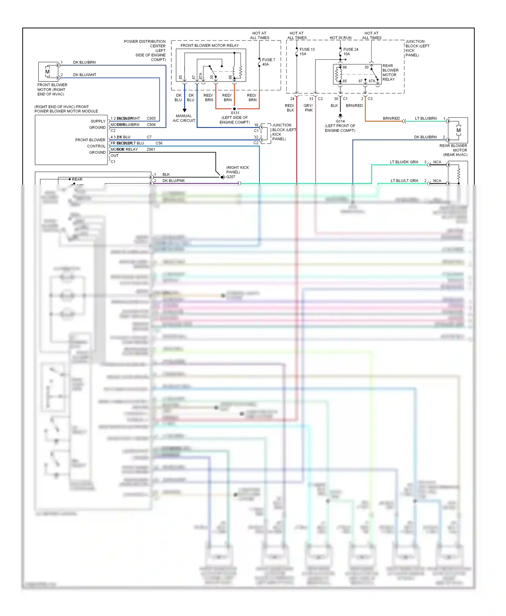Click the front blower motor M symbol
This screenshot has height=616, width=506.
47,72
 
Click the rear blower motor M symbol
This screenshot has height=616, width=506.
458,130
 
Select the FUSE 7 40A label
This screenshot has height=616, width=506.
269,62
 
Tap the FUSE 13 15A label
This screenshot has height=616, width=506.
307,52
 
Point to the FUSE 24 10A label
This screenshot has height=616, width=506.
350,52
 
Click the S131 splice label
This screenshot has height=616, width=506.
235,113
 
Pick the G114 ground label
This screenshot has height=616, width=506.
340,121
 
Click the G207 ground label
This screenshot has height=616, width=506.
231,177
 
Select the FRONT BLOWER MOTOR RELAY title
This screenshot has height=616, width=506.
209,45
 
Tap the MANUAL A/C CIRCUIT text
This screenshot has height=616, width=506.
184,118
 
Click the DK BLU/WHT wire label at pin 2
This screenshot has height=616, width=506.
85,75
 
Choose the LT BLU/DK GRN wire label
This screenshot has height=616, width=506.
404,162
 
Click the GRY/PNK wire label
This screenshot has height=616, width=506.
308,108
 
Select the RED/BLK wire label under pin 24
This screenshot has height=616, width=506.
290,108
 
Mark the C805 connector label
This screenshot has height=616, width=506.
151,119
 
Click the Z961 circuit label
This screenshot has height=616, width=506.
151,149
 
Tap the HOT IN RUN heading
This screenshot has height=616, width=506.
340,38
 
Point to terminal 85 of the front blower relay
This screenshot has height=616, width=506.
181,78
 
